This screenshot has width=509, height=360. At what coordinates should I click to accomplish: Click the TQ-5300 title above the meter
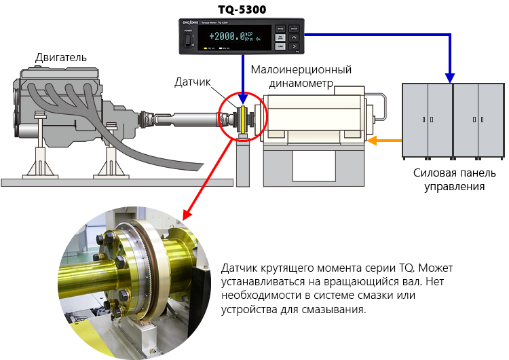click(242, 8)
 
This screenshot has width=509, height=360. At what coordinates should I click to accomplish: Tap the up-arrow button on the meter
click(294, 38)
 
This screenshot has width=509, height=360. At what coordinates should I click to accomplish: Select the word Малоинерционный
click(301, 70)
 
